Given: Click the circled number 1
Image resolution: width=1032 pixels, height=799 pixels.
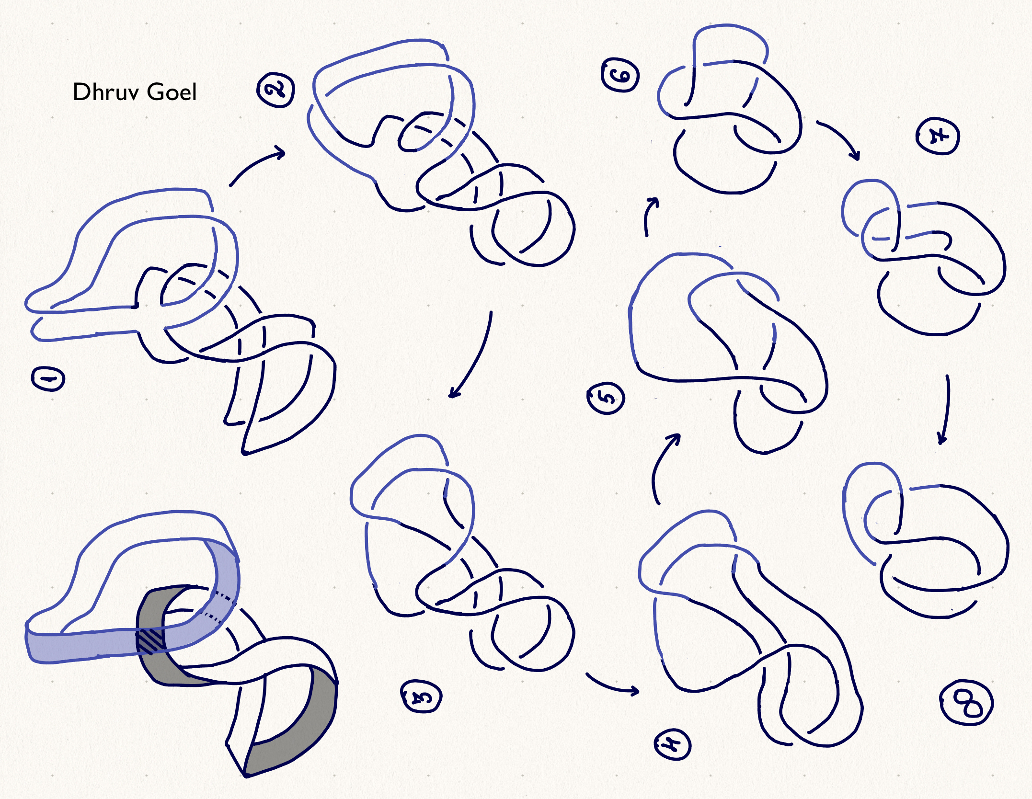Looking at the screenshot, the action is (48, 379).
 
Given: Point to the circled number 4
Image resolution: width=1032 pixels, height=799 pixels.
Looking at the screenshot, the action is (672, 745).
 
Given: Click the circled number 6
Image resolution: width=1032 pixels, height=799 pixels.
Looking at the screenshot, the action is (620, 75).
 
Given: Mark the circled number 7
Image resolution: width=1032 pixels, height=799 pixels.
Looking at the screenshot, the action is (938, 137).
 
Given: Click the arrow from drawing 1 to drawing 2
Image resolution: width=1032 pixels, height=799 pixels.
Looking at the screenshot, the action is (254, 164).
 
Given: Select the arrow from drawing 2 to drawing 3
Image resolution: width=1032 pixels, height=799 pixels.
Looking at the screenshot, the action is (477, 359).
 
